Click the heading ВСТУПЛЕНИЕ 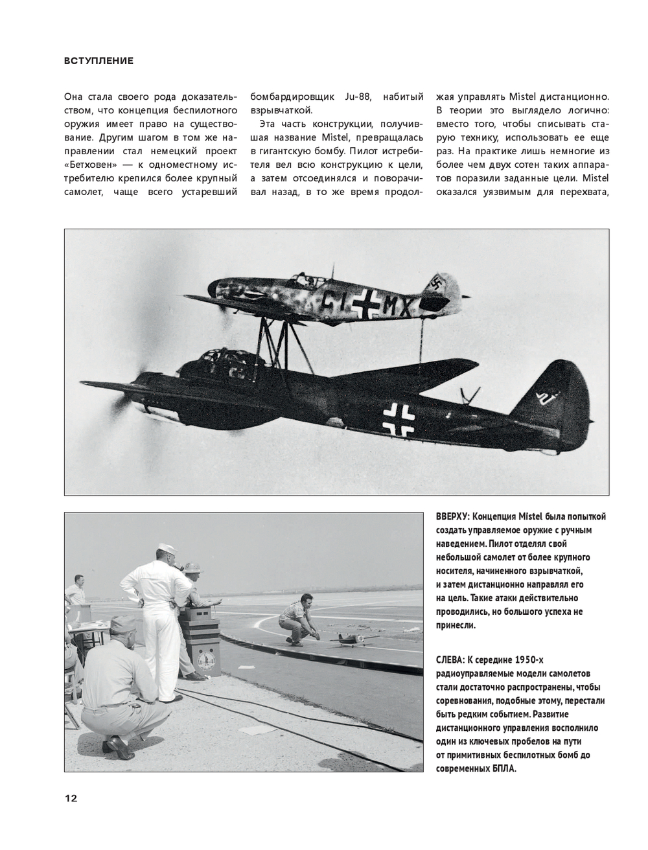[98, 61]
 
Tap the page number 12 [71, 798]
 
